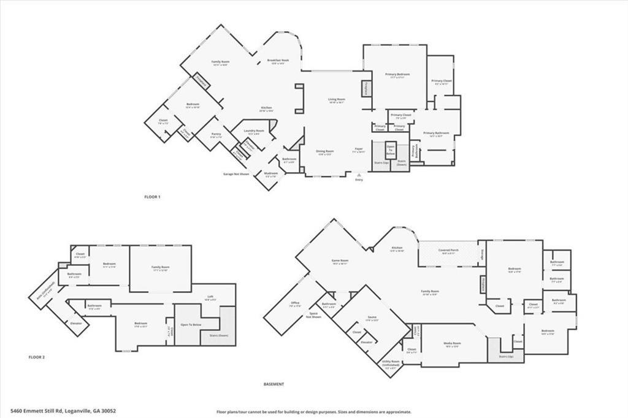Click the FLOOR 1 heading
point(152,197)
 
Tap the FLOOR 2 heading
point(37,356)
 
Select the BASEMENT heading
point(274,384)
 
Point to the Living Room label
point(337,100)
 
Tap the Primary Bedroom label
point(397,75)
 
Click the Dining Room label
point(325,151)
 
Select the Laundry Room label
point(256,131)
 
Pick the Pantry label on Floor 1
point(216,134)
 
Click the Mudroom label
point(271,173)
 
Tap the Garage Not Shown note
point(236,173)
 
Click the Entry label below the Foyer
point(359,180)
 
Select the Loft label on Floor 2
point(210,297)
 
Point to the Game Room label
point(340,260)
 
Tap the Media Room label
point(453,343)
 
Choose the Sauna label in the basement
point(372,317)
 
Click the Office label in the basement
point(295,303)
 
